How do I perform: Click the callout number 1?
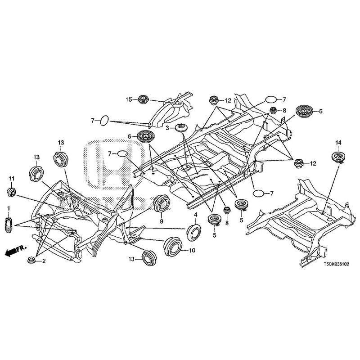click(9, 208)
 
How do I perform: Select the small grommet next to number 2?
click(31, 260)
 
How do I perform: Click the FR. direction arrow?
click(15, 251)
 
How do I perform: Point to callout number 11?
click(12, 178)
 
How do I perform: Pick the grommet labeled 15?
click(144, 99)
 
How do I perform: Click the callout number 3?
click(167, 128)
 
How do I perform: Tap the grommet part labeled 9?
click(162, 203)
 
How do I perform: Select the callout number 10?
click(192, 250)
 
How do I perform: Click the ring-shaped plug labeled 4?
click(194, 233)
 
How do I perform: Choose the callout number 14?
click(338, 143)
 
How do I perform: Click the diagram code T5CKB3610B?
click(336, 265)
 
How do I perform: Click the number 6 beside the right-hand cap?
click(320, 111)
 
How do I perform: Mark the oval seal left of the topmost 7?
click(271, 99)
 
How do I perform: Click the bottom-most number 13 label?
click(131, 259)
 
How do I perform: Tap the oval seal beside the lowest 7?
click(258, 193)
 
